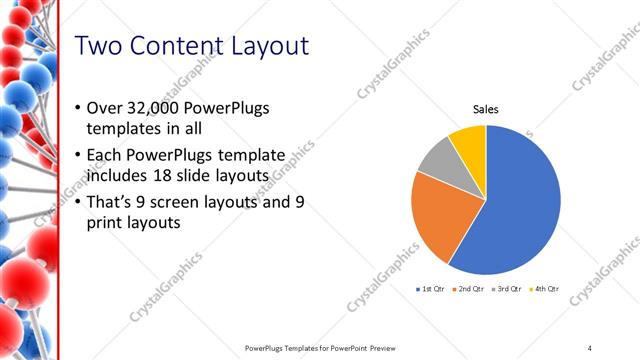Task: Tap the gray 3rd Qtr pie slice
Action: [437, 166]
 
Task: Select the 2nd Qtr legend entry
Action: [471, 288]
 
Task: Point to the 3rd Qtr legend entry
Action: [508, 288]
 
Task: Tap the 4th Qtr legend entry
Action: [545, 288]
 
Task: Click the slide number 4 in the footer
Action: [590, 347]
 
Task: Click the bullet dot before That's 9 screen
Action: [79, 202]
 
